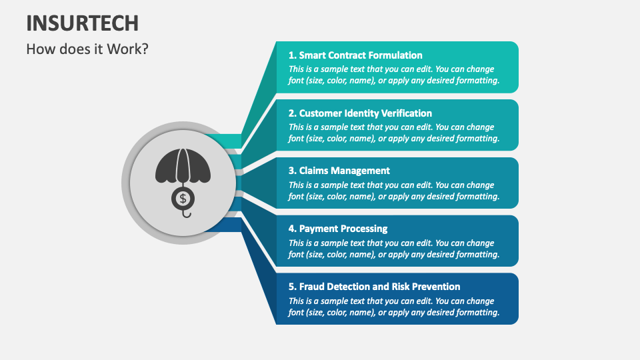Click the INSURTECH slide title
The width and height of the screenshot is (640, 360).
(x=83, y=23)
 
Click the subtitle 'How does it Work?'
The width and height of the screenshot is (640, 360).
(x=87, y=49)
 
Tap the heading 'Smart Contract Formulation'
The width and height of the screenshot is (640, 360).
(x=361, y=55)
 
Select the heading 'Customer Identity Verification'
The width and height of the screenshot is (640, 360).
(x=365, y=113)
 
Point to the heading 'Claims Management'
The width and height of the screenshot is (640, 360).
(x=344, y=171)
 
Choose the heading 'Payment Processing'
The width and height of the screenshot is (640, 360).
(x=343, y=229)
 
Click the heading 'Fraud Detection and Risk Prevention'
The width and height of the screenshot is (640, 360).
(x=379, y=287)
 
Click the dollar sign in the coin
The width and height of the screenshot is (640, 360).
(x=183, y=199)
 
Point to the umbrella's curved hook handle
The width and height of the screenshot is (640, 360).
(x=187, y=214)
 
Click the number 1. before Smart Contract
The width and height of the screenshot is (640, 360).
(x=292, y=55)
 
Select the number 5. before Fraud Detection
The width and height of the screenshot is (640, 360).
(x=292, y=287)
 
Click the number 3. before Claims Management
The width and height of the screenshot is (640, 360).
(x=292, y=171)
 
